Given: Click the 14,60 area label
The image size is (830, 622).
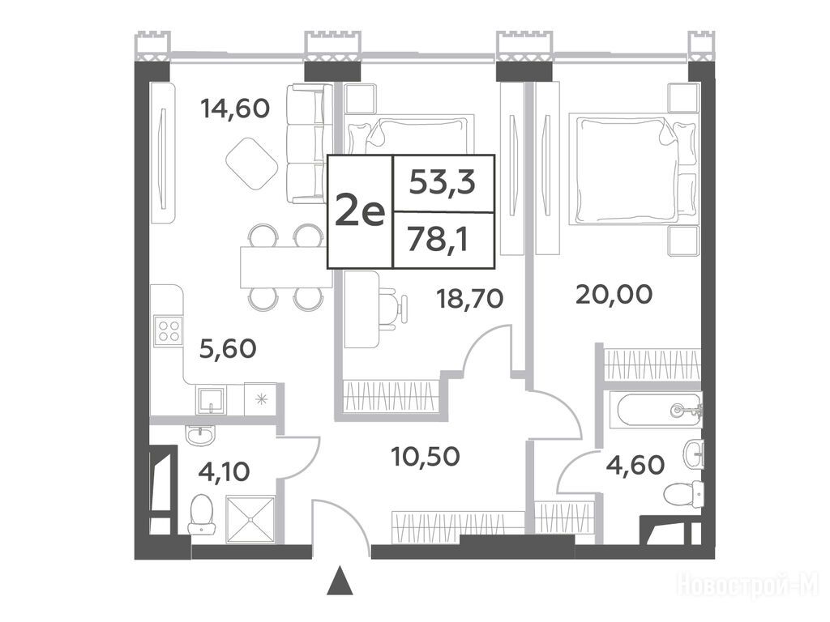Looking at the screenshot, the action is [235, 109].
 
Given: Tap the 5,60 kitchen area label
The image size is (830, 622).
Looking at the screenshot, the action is [228, 348].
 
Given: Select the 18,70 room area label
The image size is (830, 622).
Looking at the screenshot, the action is [469, 299].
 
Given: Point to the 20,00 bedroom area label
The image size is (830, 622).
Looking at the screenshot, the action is [614, 295].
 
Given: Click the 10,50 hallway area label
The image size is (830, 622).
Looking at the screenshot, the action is [425, 457].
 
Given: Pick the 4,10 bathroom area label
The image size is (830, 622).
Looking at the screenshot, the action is [224, 471].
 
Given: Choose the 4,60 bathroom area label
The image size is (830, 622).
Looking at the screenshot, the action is [635, 465].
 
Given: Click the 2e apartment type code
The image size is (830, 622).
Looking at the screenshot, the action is [359, 213].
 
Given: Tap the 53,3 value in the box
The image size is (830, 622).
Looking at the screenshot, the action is [443, 184].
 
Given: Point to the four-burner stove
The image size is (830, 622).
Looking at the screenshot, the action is [169, 331].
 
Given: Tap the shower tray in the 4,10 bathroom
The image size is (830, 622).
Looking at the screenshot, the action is [250, 519].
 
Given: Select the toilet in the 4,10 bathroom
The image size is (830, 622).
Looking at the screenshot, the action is [201, 514].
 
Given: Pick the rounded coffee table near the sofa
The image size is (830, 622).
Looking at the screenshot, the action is [251, 164].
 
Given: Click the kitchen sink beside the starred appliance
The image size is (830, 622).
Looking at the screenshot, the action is [211, 399].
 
